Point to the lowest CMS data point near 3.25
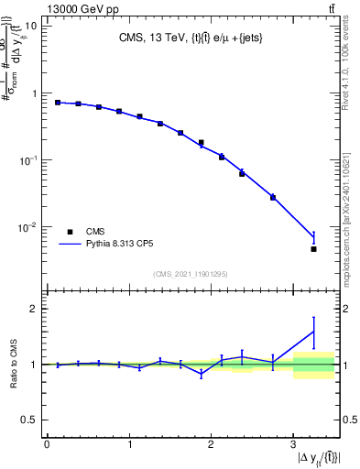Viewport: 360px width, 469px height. (313, 249)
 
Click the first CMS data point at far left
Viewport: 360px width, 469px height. (58, 103)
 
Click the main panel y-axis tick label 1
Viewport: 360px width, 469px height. (35, 93)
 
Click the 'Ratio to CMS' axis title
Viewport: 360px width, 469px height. (13, 365)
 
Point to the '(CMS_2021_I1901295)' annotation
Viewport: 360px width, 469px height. (191, 274)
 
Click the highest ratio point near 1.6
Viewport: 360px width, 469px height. (313, 332)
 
